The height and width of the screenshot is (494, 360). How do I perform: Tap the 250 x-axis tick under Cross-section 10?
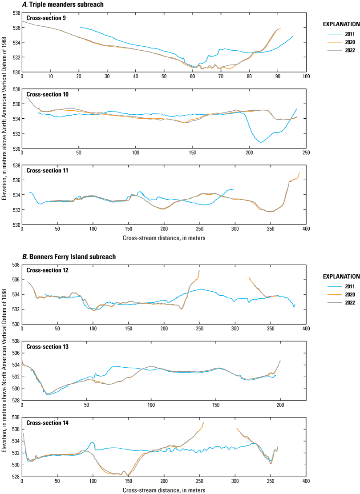click(x=306, y=153)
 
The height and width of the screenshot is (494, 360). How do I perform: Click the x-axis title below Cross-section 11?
click(x=164, y=238)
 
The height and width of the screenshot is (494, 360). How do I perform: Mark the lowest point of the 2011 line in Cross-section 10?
click(x=262, y=142)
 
